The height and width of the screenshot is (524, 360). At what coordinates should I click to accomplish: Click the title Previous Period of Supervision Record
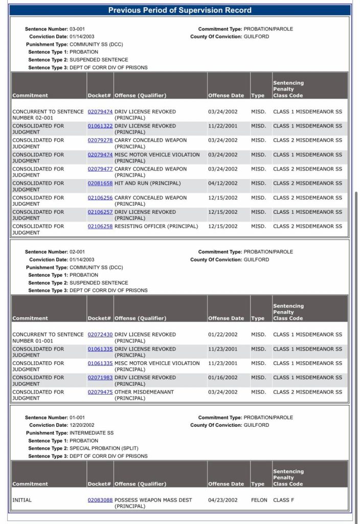click(180, 10)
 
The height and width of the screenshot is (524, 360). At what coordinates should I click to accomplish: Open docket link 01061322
click(100, 126)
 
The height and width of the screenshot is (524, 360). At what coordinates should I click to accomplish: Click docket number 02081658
click(100, 183)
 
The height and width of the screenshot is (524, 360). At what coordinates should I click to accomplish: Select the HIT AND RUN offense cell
click(148, 183)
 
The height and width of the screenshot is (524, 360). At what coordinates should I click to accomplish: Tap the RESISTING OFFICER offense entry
click(156, 226)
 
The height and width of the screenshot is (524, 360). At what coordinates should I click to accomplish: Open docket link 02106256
click(100, 198)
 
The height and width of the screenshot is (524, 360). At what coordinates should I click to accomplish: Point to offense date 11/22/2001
click(222, 126)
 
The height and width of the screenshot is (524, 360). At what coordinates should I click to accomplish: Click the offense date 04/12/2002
click(222, 183)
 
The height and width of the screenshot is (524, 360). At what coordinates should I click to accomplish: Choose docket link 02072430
click(100, 335)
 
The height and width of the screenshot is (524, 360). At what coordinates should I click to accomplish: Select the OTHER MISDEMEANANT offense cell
click(144, 392)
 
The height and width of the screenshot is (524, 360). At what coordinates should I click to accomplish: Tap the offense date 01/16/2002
click(222, 378)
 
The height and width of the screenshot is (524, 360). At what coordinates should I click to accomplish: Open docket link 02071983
click(100, 378)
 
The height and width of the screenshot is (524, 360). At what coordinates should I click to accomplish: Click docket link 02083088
click(100, 500)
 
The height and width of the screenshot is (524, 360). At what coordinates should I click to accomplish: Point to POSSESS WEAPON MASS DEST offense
click(153, 500)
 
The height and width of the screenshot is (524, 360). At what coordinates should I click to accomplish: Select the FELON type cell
click(259, 500)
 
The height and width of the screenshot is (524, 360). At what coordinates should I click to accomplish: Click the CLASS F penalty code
click(284, 500)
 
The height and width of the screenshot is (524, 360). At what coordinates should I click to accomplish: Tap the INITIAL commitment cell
click(22, 500)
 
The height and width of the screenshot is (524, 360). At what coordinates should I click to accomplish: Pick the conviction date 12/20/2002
click(82, 425)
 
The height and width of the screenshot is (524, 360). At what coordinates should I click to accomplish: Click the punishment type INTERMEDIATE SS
click(92, 433)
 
